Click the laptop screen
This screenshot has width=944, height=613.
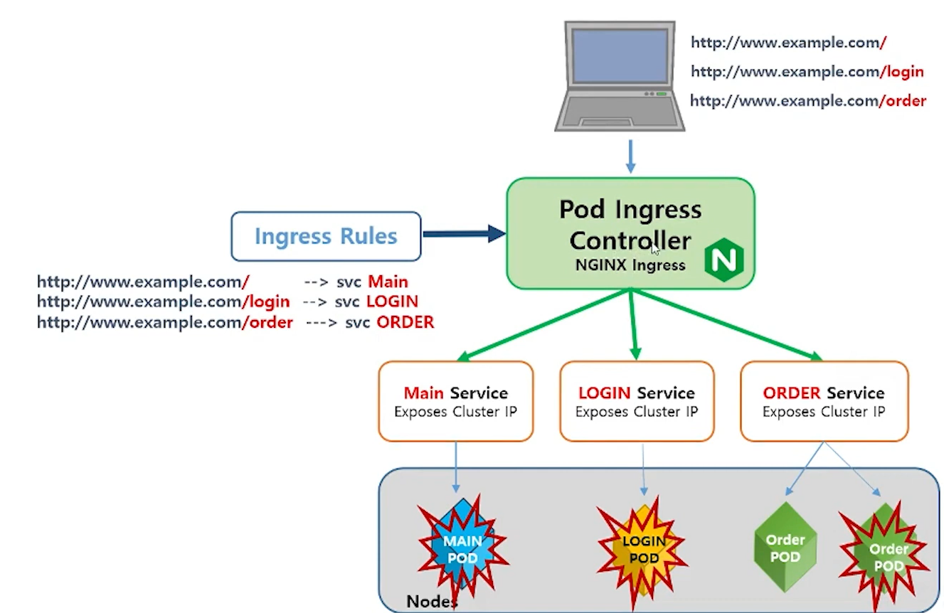(x=620, y=64)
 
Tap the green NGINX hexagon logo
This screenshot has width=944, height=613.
(x=723, y=260)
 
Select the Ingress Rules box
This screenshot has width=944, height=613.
(x=326, y=236)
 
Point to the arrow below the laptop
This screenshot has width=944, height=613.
(x=630, y=156)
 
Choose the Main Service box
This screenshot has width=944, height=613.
(x=455, y=401)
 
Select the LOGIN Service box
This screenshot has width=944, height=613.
(x=637, y=401)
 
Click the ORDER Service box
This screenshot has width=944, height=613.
(x=824, y=401)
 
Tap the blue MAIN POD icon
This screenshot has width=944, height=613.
(x=463, y=548)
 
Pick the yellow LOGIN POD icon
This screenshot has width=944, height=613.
(x=643, y=548)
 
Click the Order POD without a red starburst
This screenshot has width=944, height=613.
(x=785, y=548)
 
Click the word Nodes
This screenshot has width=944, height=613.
(x=431, y=602)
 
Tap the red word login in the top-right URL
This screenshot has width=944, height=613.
(x=903, y=71)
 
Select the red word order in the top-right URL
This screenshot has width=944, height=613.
(x=905, y=101)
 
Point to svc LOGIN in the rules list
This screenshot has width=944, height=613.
(x=376, y=302)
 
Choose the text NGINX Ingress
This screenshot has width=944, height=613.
(x=630, y=265)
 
